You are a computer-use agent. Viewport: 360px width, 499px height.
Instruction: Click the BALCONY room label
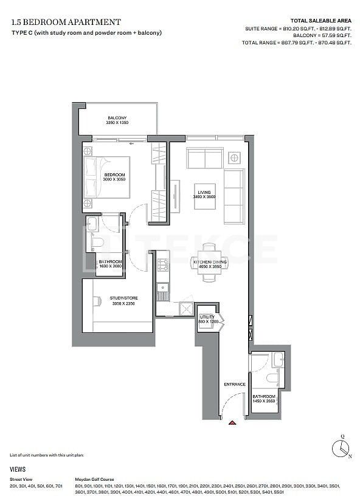pyautogui.click(x=117, y=117)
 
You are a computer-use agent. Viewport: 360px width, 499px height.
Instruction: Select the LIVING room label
pyautogui.click(x=204, y=192)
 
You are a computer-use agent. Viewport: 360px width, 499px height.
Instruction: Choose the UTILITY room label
pyautogui.click(x=207, y=317)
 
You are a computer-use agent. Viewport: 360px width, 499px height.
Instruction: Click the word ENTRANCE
pyautogui.click(x=234, y=384)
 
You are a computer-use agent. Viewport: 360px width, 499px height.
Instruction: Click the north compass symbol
pyautogui.click(x=342, y=446)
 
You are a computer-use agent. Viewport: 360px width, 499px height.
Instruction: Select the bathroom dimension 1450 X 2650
pyautogui.click(x=264, y=401)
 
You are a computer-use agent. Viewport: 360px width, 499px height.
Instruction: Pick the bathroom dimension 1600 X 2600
pyautogui.click(x=110, y=266)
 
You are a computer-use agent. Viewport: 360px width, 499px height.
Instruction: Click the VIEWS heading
pyautogui.click(x=18, y=469)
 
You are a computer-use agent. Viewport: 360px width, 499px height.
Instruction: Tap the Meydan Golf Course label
pyautogui.click(x=94, y=480)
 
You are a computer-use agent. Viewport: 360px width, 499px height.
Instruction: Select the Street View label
pyautogui.click(x=22, y=480)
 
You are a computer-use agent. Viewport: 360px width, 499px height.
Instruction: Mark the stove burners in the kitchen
pyautogui.click(x=162, y=264)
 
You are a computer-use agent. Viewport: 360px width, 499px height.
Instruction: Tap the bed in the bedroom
pyautogui.click(x=108, y=177)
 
